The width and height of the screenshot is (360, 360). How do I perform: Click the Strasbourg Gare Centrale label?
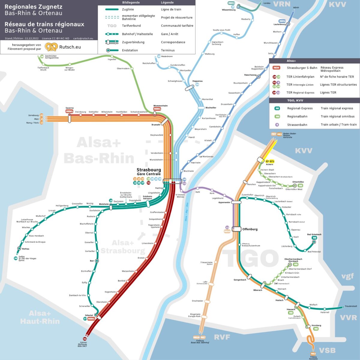[149, 172]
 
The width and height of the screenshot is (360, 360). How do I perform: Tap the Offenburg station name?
[250, 229]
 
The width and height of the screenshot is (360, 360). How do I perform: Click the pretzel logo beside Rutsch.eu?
[51, 47]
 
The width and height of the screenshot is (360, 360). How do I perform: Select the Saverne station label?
[70, 108]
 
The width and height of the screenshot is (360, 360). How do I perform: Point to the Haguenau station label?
[197, 81]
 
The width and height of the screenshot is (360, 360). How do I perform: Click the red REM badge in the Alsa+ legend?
[276, 68]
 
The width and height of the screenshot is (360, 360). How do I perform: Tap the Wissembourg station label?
[229, 10]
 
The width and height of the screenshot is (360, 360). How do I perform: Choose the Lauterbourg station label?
[280, 24]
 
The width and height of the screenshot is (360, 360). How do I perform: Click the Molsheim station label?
[104, 204]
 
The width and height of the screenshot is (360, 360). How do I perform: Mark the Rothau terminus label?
[26, 249]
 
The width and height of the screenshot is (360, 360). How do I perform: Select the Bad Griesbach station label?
[314, 234]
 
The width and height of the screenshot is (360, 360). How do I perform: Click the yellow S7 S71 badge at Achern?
[270, 161]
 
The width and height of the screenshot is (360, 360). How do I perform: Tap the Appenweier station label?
[224, 202]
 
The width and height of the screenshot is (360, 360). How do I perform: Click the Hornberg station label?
[316, 325]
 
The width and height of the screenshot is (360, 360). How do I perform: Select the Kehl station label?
[198, 192]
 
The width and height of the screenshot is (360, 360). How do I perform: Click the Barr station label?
[92, 261]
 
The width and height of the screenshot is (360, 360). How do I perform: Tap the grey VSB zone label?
[327, 350]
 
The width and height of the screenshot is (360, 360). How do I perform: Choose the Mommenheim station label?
[160, 106]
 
